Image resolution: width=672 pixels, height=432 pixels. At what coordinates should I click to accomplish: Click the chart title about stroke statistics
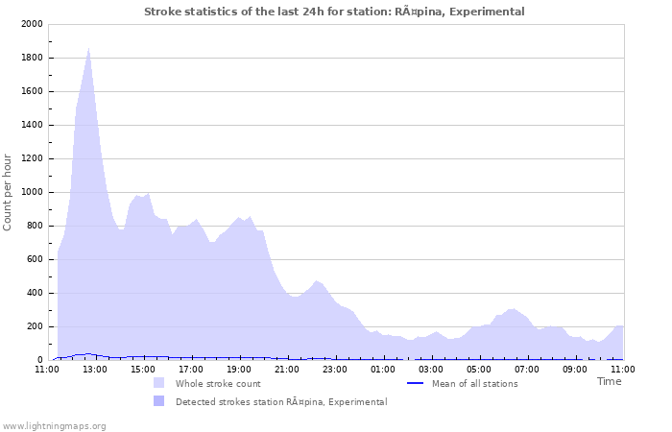[x=334, y=12]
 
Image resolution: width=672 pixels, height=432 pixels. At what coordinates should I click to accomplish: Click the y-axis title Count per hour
[x=9, y=191]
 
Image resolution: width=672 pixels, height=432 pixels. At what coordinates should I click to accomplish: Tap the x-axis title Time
[x=609, y=381]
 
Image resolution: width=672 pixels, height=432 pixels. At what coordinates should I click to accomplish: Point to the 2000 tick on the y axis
[x=31, y=24]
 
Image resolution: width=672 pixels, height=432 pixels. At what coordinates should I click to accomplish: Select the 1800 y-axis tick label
[x=31, y=58]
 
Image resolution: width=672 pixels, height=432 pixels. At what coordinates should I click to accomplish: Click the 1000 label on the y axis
[x=31, y=192]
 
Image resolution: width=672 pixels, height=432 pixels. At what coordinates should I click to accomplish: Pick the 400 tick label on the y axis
[x=34, y=293]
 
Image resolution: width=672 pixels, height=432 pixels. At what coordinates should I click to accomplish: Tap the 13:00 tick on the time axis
[x=95, y=368]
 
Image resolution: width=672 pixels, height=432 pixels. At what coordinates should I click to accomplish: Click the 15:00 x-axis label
[x=143, y=368]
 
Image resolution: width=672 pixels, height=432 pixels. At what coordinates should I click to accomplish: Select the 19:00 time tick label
[x=239, y=368]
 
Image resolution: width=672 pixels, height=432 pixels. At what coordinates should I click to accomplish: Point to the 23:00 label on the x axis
[x=335, y=368]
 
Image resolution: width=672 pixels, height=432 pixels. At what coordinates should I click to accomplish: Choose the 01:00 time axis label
[x=383, y=368]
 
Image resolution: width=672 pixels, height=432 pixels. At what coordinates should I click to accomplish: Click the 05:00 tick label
[x=479, y=368]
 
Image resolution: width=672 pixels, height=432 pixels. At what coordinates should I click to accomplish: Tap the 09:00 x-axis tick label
[x=575, y=368]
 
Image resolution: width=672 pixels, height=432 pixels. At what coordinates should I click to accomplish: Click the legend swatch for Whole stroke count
[x=158, y=383]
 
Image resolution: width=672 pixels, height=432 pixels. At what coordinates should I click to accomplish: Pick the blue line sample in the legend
[x=416, y=384]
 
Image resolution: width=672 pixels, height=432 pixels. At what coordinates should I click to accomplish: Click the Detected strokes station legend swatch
[x=158, y=401]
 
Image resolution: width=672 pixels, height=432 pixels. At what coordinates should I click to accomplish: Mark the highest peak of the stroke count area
[x=88, y=47]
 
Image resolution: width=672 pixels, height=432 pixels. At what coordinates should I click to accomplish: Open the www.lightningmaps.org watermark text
[x=55, y=425]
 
